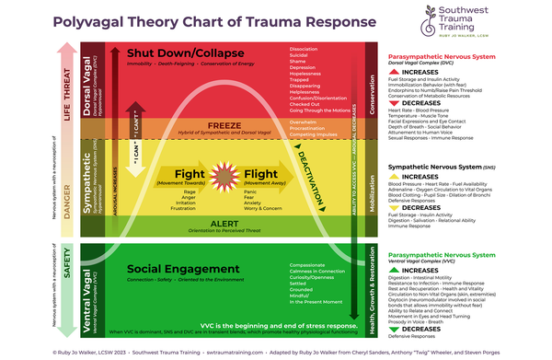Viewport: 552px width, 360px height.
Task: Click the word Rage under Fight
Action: click(190, 191)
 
